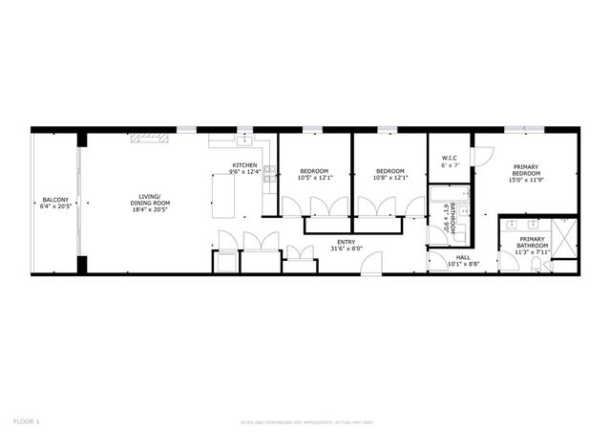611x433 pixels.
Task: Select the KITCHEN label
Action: (244, 165)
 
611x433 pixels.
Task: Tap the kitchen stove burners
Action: (270, 173)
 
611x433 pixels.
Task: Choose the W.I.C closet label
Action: (450, 159)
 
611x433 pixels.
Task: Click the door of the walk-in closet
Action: (483, 155)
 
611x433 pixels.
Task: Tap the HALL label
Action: (463, 257)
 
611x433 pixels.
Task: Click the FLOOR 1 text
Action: (26, 421)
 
